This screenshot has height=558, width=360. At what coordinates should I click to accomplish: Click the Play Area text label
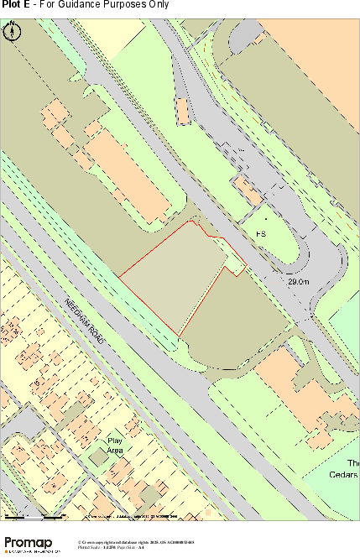pyautogui.click(x=115, y=446)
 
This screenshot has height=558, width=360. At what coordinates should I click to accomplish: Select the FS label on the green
pyautogui.click(x=261, y=232)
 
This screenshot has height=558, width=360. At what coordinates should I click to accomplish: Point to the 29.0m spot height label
pyautogui.click(x=299, y=283)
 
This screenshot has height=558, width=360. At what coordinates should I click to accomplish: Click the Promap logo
pyautogui.click(x=34, y=544)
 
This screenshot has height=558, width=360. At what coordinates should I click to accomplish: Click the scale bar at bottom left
pyautogui.click(x=34, y=514)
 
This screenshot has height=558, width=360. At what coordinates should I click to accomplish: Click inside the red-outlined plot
pyautogui.click(x=172, y=277)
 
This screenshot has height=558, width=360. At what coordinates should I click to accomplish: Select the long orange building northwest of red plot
pyautogui.click(x=126, y=176)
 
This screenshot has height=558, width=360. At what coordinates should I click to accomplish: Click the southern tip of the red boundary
pyautogui.click(x=179, y=336)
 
